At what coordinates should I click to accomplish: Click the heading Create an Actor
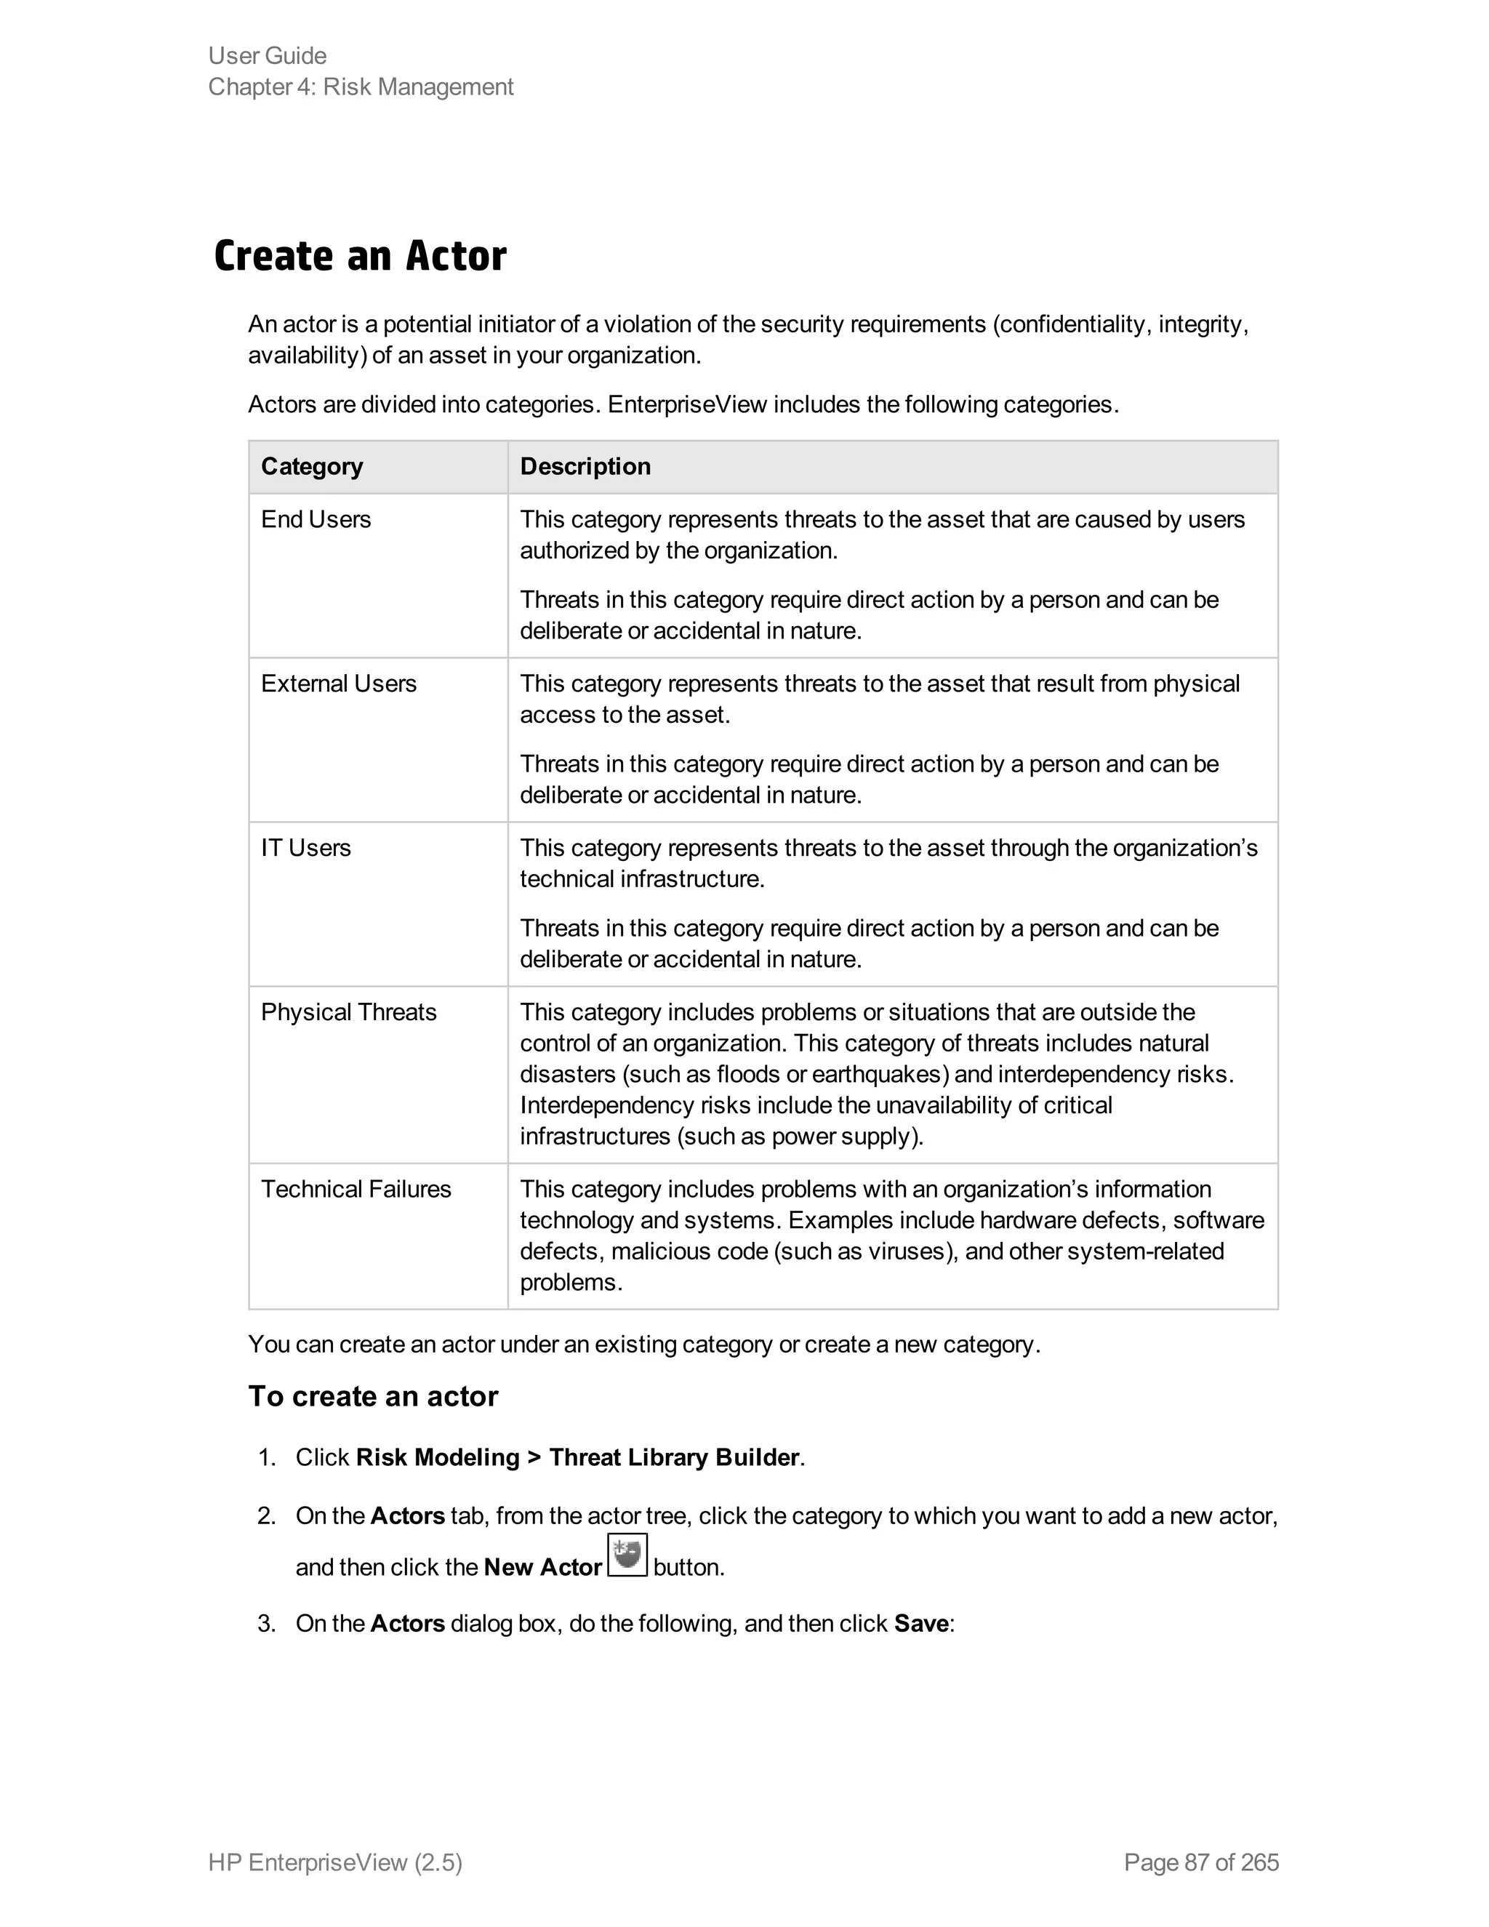[x=360, y=257]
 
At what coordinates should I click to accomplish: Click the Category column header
[x=311, y=467]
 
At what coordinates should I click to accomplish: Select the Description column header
[x=585, y=467]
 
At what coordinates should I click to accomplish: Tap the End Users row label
[x=316, y=520]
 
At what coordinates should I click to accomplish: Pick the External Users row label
[x=339, y=684]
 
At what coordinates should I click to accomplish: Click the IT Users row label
[x=305, y=848]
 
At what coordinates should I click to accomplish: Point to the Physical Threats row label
[x=348, y=1012]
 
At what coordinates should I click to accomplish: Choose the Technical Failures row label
[x=356, y=1190]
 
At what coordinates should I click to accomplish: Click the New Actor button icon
[x=627, y=1555]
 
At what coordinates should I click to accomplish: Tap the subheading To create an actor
[x=373, y=1397]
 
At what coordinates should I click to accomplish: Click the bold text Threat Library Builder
[x=674, y=1457]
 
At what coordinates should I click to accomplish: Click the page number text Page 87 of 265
[x=1200, y=1862]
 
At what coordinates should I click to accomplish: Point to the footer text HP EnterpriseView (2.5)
[x=335, y=1862]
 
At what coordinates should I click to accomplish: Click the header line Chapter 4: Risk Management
[x=360, y=87]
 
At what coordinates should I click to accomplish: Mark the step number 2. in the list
[x=266, y=1516]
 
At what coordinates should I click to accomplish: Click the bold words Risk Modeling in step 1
[x=438, y=1457]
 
